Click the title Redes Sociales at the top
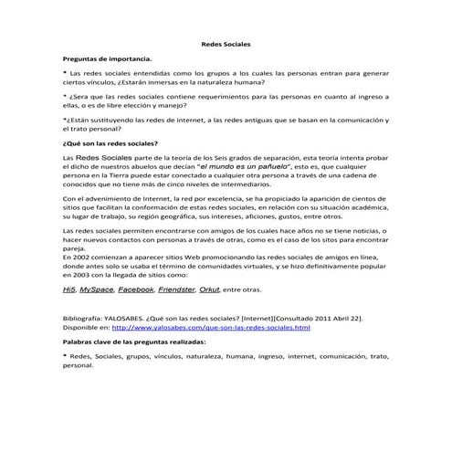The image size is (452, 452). (226, 44)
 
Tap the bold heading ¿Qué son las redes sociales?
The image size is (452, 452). (110, 143)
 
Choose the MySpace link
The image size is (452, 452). (96, 289)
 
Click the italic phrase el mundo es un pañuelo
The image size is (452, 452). (226, 168)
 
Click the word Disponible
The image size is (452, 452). (81, 327)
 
